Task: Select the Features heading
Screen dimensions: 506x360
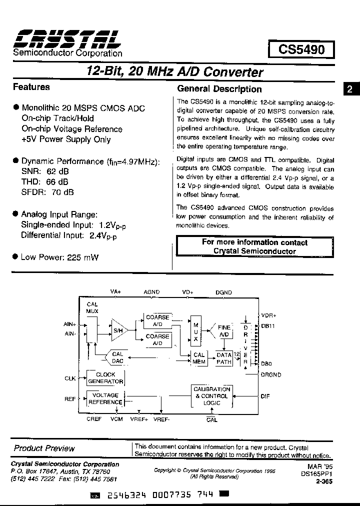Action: [x=31, y=87]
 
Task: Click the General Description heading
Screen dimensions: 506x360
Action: [x=219, y=89]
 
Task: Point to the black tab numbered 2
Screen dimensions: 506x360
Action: [x=350, y=89]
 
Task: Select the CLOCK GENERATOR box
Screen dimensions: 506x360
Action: [x=105, y=378]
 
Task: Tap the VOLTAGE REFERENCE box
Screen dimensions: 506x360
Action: [x=105, y=398]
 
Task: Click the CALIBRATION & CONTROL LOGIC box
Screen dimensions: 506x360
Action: [x=211, y=396]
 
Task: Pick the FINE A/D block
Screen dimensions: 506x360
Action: [x=224, y=331]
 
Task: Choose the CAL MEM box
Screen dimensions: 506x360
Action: [x=199, y=358]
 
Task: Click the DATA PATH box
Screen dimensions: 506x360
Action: [x=224, y=358]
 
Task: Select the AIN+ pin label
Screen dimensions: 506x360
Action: [x=70, y=324]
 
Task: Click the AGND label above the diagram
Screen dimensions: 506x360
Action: [x=151, y=292]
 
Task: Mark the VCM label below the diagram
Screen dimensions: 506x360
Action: [x=116, y=419]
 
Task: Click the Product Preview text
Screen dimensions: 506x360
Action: [x=44, y=448]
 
